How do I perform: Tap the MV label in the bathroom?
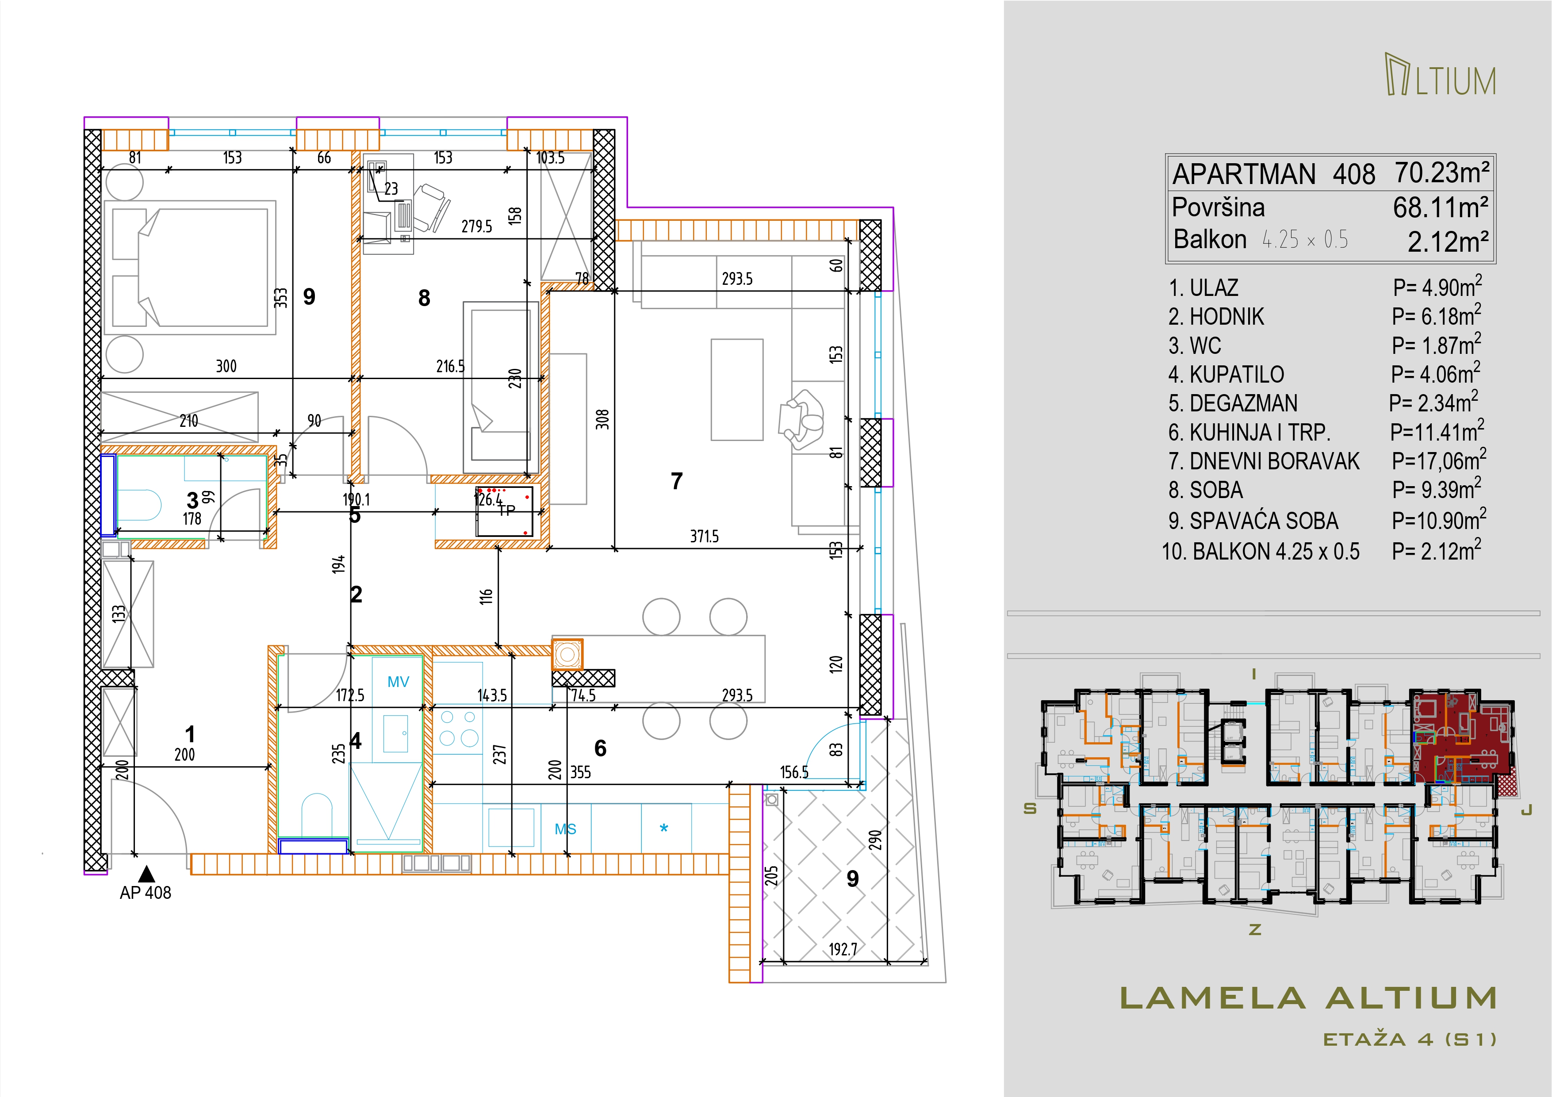[398, 682]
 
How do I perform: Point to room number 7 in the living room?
[677, 481]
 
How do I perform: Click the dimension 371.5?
[704, 537]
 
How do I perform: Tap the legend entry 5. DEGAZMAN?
[1233, 403]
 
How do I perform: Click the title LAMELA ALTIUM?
[1309, 998]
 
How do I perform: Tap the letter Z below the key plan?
[1255, 929]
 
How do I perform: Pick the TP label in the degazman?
[507, 511]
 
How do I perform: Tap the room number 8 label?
[424, 298]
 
